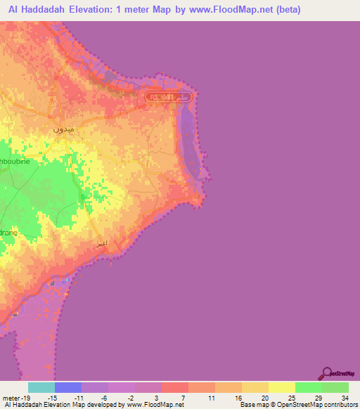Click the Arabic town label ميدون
pyautogui.click(x=64, y=130)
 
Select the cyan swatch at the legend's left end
pyautogui.click(x=41, y=387)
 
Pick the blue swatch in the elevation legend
pyautogui.click(x=68, y=387)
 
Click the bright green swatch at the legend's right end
pyautogui.click(x=335, y=387)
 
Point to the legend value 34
pyautogui.click(x=345, y=398)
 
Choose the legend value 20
pyautogui.click(x=264, y=398)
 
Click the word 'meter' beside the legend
pyautogui.click(x=10, y=398)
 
